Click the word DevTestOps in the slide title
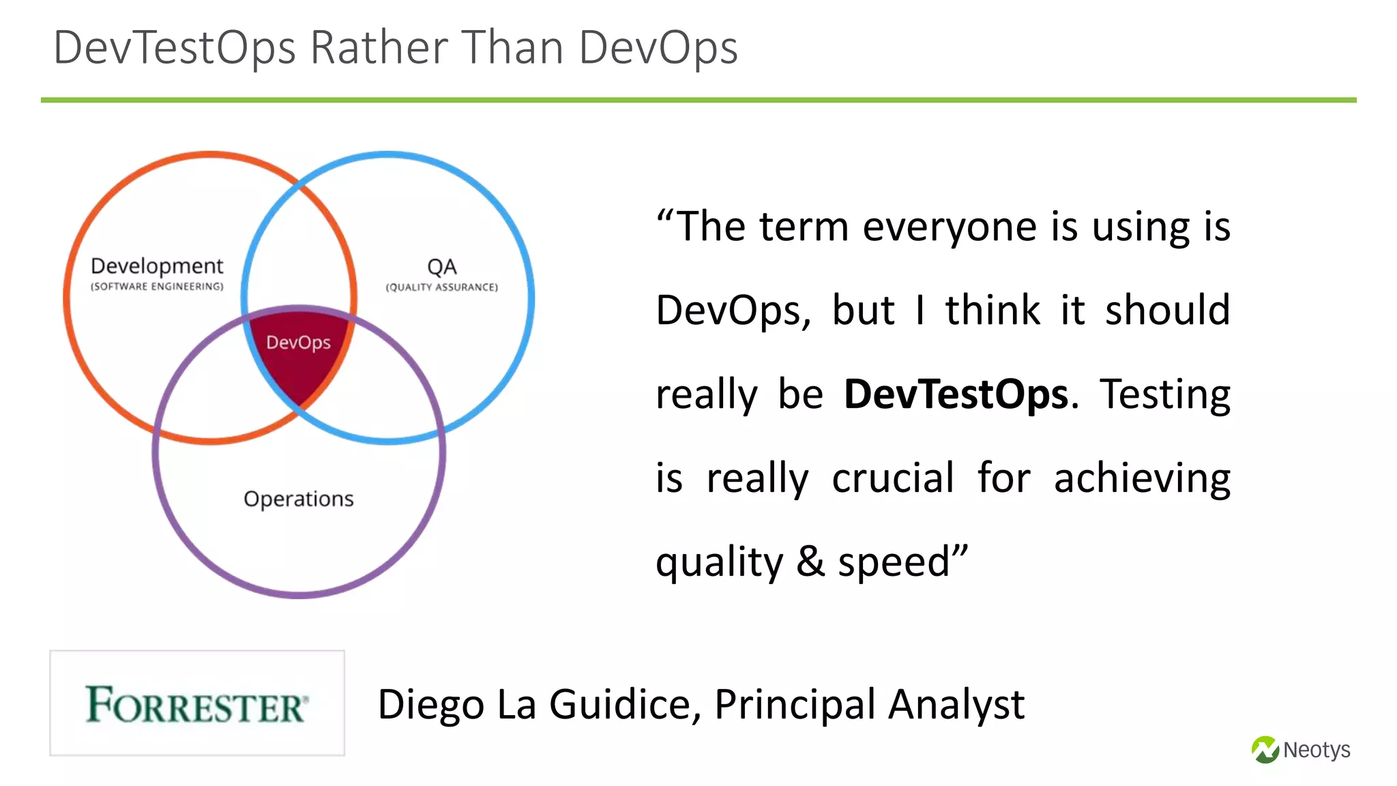[x=175, y=48]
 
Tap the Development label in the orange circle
[x=157, y=265]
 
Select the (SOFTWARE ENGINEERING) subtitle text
[x=157, y=287]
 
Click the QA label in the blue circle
[x=442, y=266]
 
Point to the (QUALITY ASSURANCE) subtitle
[x=442, y=287]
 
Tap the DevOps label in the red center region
[x=298, y=342]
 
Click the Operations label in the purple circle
[x=299, y=499]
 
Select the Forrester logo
[x=197, y=703]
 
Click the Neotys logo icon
[x=1265, y=750]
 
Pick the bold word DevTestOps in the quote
[x=956, y=394]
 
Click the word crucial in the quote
[x=893, y=478]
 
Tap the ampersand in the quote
[x=810, y=562]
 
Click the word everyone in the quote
[x=950, y=227]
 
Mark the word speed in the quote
[x=894, y=563]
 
